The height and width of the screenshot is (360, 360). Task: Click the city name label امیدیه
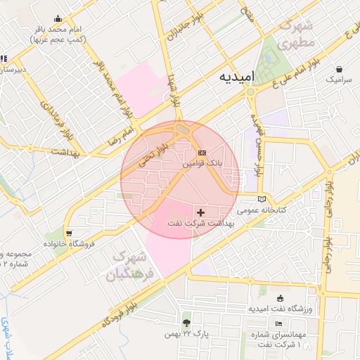coord(233,75)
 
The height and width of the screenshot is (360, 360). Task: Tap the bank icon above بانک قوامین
coord(202,153)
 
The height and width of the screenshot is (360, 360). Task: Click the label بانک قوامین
coord(202,163)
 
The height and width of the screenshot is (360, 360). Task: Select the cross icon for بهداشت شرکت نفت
coord(202,212)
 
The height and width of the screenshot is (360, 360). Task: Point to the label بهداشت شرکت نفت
coord(202,223)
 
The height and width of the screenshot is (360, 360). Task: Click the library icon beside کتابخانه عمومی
coord(262,198)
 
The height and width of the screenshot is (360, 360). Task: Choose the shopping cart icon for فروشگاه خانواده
coord(68,233)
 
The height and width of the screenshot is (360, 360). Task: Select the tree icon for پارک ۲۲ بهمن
coord(186,323)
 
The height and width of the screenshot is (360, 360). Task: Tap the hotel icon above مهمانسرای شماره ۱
coord(279,323)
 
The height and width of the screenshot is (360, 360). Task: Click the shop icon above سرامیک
coord(340,70)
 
